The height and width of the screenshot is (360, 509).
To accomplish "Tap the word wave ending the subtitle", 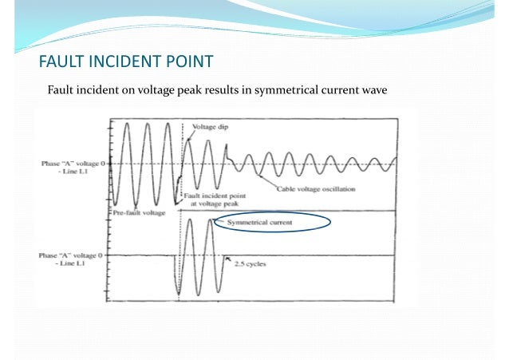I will [x=373, y=89].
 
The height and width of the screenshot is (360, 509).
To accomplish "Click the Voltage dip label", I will [x=209, y=125].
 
